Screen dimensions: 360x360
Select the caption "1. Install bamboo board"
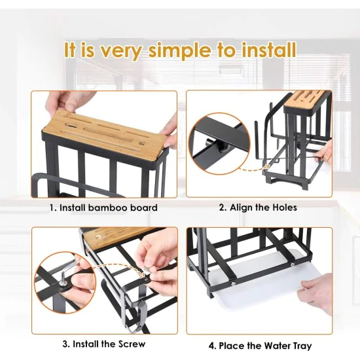(x=104, y=207)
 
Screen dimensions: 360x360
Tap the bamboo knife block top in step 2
(x=307, y=99)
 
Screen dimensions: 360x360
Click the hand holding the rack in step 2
(x=324, y=153)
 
